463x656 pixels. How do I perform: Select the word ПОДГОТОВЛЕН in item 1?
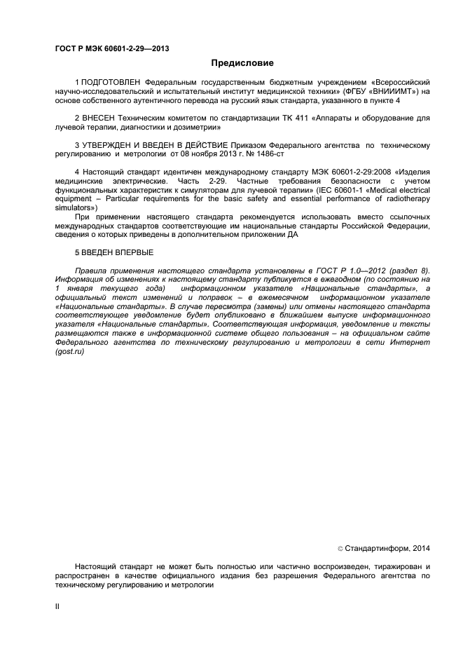(107, 83)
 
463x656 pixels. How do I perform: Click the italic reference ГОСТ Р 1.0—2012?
(363, 271)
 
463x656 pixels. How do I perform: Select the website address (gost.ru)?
(69, 350)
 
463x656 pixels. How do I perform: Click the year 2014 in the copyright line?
(420, 549)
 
